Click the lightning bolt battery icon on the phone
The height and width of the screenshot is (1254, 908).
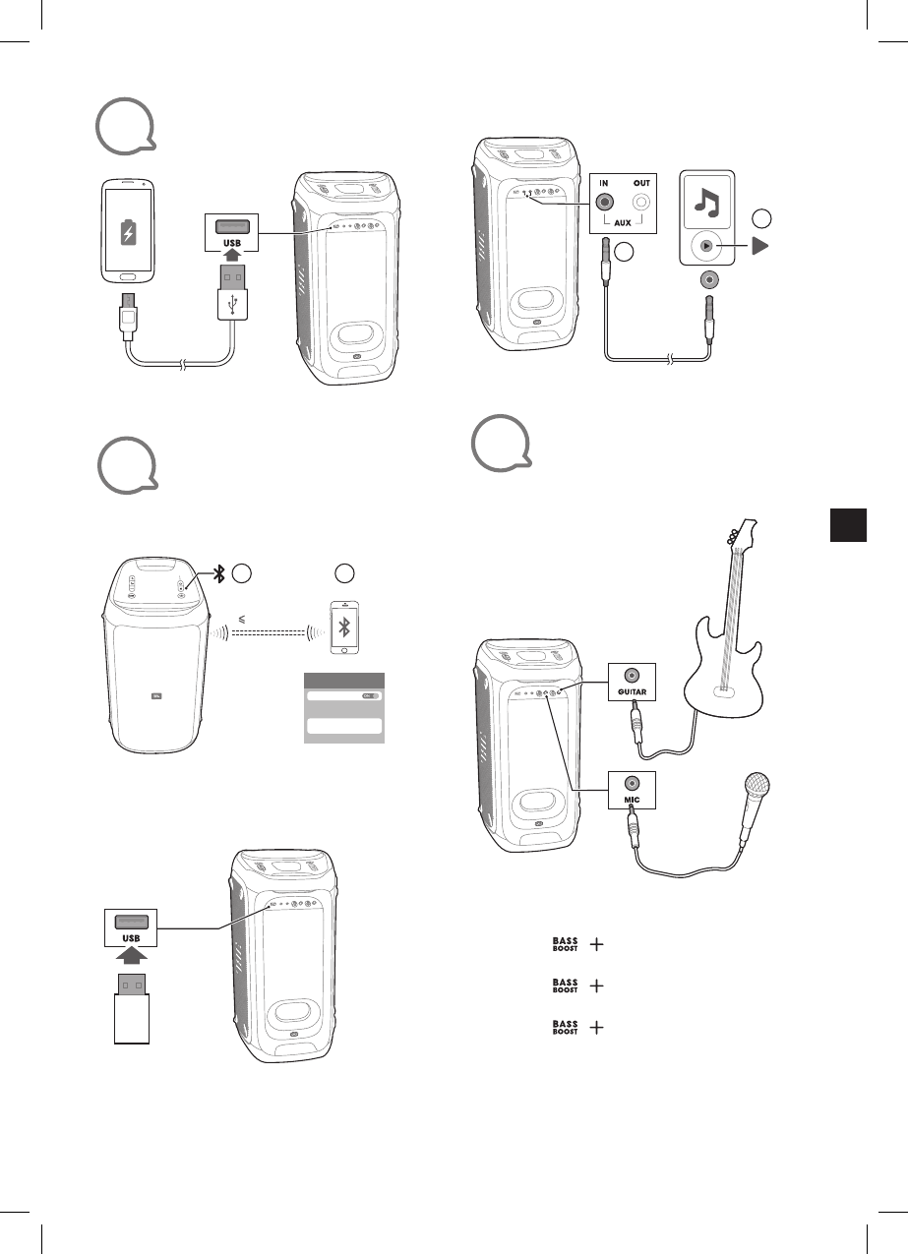(128, 233)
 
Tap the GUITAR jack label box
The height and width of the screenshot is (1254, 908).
(632, 680)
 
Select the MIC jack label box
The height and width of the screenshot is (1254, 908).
(632, 788)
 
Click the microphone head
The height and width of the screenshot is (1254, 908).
(758, 788)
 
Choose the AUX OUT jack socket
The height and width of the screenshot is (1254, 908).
(641, 202)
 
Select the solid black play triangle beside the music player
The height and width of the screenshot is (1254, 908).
(759, 246)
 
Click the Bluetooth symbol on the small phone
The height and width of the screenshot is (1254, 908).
(343, 629)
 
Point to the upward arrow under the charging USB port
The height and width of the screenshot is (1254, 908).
(232, 254)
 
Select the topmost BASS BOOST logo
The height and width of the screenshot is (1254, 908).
(565, 944)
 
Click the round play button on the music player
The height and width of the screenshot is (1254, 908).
(704, 246)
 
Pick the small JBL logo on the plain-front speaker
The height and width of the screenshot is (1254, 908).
(153, 699)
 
